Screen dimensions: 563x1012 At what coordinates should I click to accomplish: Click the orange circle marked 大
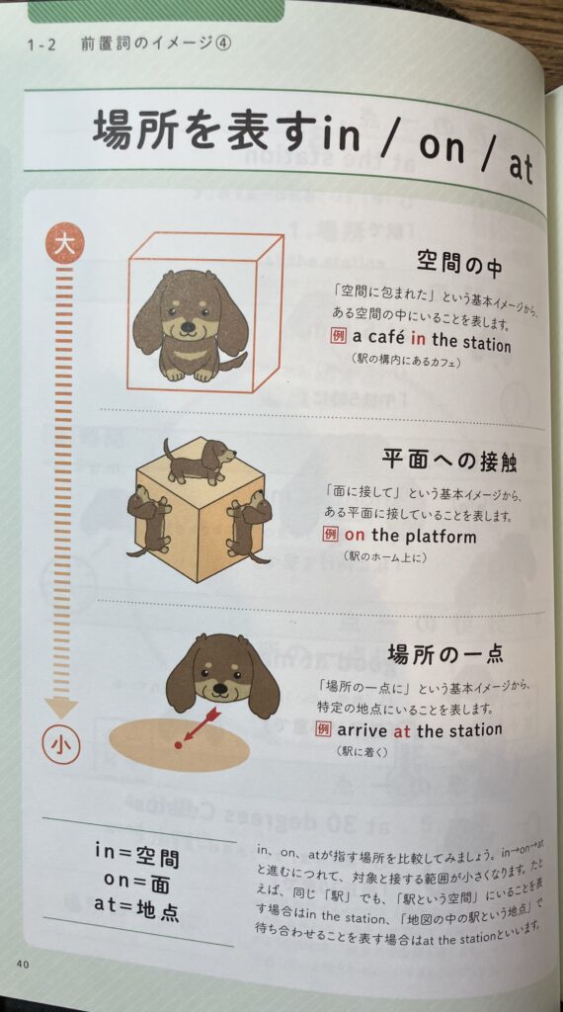click(x=64, y=245)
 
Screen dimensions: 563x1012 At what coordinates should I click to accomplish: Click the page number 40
click(x=23, y=964)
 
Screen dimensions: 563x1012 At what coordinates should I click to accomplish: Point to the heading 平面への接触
click(x=448, y=461)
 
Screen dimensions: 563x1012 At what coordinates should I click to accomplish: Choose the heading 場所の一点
click(x=445, y=654)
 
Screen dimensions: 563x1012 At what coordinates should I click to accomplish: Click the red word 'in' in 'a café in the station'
click(x=417, y=339)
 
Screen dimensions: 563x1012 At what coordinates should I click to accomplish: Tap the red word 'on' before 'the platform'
click(x=355, y=535)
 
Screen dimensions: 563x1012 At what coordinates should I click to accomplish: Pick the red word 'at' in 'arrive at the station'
click(x=402, y=731)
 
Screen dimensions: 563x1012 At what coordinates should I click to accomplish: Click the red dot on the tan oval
click(x=179, y=745)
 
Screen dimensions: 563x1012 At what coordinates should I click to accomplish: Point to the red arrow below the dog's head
click(x=201, y=724)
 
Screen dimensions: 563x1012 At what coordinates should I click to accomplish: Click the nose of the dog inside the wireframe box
click(x=187, y=327)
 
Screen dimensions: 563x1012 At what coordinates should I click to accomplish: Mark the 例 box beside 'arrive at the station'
click(x=324, y=730)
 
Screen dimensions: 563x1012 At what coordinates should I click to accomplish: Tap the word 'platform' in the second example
click(x=441, y=537)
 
